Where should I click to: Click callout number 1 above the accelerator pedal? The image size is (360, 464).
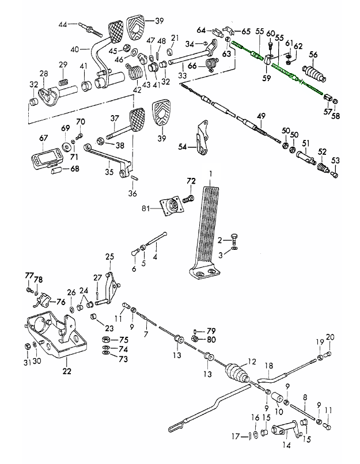(x=211, y=173)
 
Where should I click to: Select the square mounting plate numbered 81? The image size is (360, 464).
(x=170, y=206)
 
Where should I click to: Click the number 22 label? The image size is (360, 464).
(x=67, y=371)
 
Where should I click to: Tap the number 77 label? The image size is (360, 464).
(x=28, y=276)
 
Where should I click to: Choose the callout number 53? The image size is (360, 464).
(x=336, y=160)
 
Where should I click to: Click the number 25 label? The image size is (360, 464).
(x=109, y=256)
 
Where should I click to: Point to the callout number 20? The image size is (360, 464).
(x=330, y=337)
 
